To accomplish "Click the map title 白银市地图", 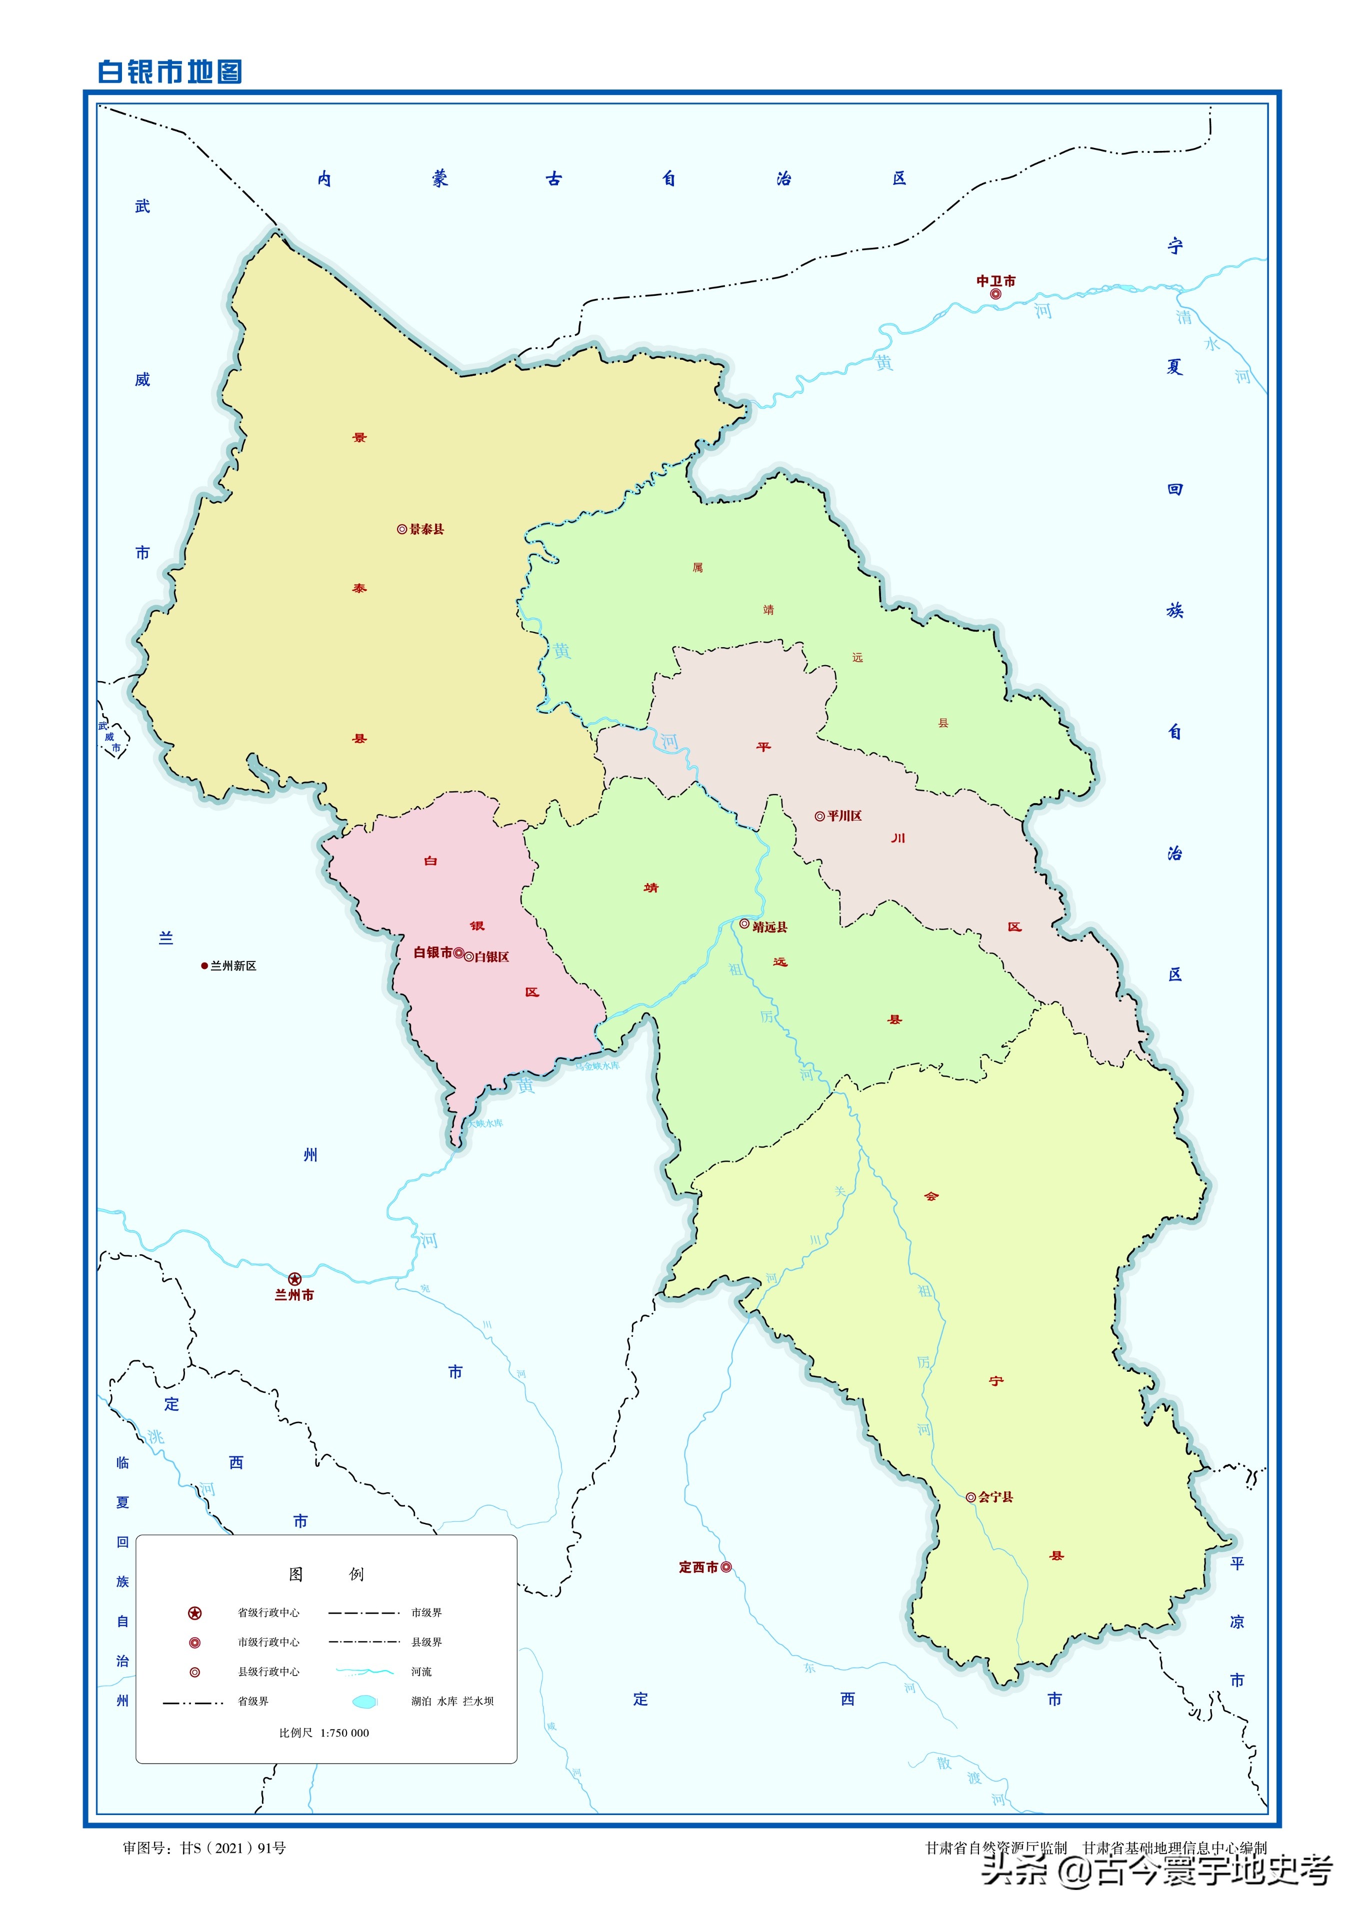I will pos(170,71).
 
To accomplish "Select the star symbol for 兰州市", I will pos(294,1279).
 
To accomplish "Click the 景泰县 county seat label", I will pos(426,529).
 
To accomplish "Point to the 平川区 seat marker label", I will pos(844,816).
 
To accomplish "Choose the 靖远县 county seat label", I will pos(769,927).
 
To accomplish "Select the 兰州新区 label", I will pos(233,966).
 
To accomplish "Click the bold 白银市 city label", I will pos(433,952).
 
